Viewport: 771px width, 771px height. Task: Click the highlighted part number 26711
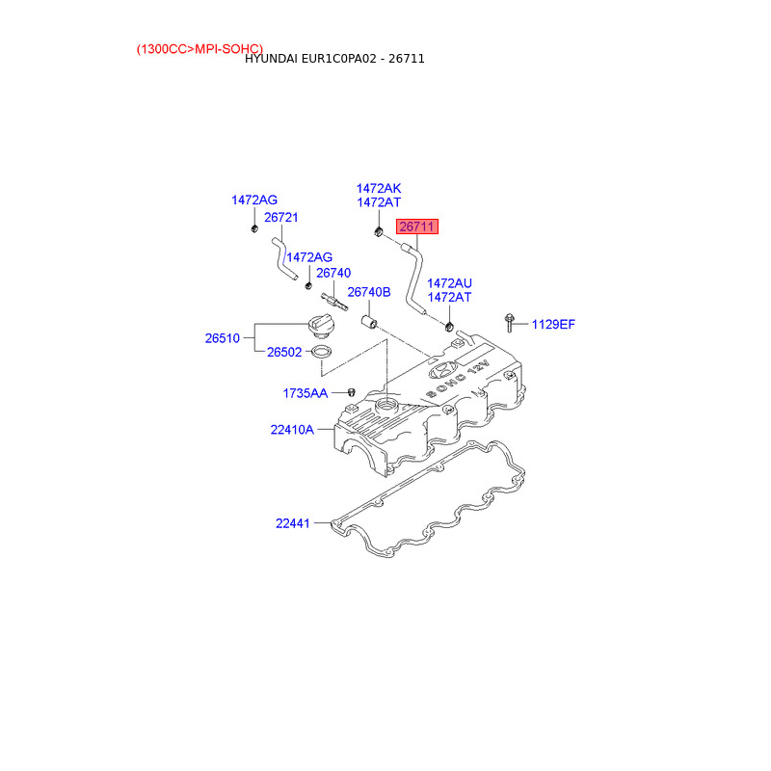point(418,227)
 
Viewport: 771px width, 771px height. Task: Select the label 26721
point(280,218)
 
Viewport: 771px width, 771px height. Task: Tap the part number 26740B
point(368,292)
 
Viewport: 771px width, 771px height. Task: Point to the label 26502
point(284,353)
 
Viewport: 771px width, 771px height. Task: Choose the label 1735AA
point(305,393)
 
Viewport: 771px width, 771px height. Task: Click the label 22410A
point(292,430)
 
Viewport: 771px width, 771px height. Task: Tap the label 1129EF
point(553,325)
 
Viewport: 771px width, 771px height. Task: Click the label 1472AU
point(449,283)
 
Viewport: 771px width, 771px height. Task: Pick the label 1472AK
point(378,189)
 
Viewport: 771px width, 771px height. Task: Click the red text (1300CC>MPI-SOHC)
point(199,48)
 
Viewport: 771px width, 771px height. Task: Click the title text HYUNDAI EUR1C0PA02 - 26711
point(334,59)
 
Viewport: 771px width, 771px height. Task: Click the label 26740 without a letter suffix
point(333,273)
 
